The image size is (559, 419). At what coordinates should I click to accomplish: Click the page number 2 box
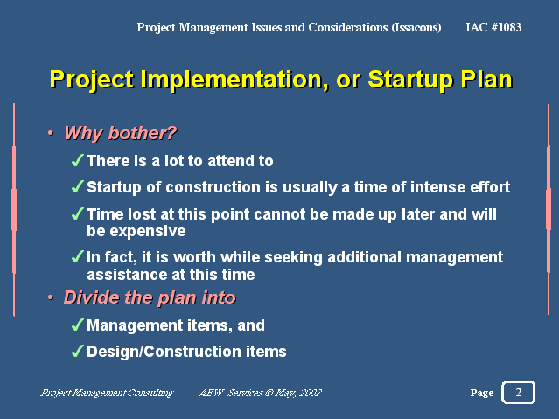pyautogui.click(x=518, y=392)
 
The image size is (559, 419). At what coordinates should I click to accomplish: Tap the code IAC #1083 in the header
pyautogui.click(x=493, y=27)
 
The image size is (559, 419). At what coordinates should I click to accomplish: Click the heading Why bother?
pyautogui.click(x=121, y=133)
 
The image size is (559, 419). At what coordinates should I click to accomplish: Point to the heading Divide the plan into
pyautogui.click(x=150, y=297)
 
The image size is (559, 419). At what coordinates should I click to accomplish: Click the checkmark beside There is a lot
pyautogui.click(x=78, y=160)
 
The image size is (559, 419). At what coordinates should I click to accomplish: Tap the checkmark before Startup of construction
pyautogui.click(x=78, y=186)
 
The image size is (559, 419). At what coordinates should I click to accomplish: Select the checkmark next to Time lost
pyautogui.click(x=78, y=213)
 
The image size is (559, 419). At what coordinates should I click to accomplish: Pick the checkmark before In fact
pyautogui.click(x=78, y=257)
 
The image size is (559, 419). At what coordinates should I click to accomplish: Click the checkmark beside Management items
pyautogui.click(x=78, y=325)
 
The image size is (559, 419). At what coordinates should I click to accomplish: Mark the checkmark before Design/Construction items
pyautogui.click(x=78, y=352)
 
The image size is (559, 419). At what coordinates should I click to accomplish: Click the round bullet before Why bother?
pyautogui.click(x=51, y=133)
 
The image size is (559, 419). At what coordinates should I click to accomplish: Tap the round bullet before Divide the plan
pyautogui.click(x=51, y=297)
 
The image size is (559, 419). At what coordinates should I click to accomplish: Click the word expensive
pyautogui.click(x=148, y=232)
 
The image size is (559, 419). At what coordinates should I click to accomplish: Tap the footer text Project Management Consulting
pyautogui.click(x=107, y=393)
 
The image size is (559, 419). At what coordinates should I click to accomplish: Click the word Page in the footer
pyautogui.click(x=482, y=393)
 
